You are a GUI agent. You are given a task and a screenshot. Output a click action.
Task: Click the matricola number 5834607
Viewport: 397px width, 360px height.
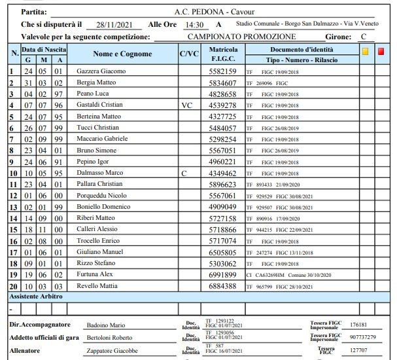[x=222, y=82]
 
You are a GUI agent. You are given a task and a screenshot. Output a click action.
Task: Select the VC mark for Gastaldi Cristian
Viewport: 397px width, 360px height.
[x=187, y=105]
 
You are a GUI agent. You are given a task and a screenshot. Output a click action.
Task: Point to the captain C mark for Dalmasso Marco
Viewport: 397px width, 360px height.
[x=184, y=173]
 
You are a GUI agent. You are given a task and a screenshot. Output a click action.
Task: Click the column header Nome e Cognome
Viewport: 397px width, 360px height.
[x=122, y=54]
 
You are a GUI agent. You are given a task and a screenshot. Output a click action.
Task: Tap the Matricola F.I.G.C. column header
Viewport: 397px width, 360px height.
[x=222, y=54]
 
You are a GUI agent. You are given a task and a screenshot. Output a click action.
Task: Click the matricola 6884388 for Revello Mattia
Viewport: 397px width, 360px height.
[x=222, y=287]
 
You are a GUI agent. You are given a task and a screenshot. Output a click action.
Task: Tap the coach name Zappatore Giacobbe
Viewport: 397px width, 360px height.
[x=112, y=351]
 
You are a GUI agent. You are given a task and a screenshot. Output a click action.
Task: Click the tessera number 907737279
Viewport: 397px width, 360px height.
[x=363, y=337]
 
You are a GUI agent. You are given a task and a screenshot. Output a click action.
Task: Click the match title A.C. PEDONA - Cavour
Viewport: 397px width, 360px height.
[x=215, y=12]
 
